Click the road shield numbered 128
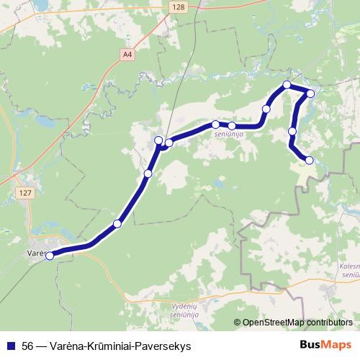pyautogui.click(x=179, y=6)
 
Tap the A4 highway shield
pyautogui.click(x=127, y=54)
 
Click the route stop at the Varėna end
pyautogui.click(x=50, y=255)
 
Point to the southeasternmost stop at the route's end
pyautogui.click(x=310, y=160)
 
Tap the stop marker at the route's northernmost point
pyautogui.click(x=287, y=85)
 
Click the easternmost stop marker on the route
pyautogui.click(x=311, y=93)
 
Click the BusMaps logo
pyautogui.click(x=326, y=345)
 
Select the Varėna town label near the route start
pyautogui.click(x=36, y=254)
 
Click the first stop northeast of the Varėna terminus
pyautogui.click(x=117, y=224)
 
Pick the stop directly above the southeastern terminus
pyautogui.click(x=292, y=131)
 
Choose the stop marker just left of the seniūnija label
pyautogui.click(x=215, y=125)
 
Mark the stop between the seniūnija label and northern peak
pyautogui.click(x=266, y=109)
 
